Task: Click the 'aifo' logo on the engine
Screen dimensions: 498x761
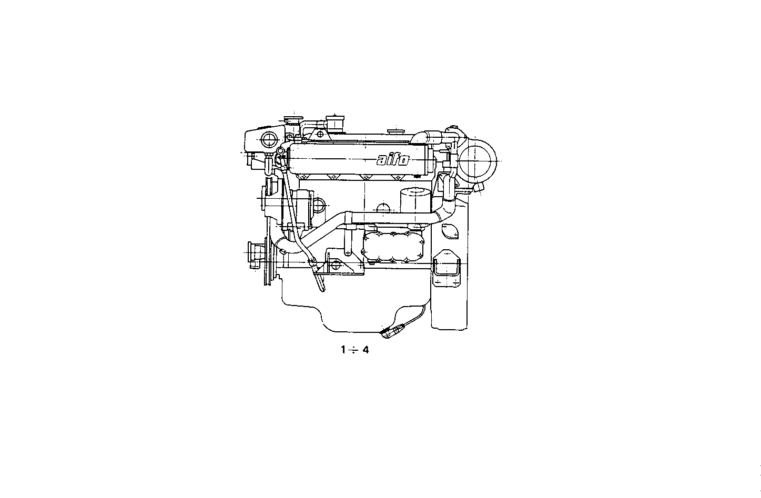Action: click(x=392, y=159)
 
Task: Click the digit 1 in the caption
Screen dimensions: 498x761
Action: click(x=343, y=349)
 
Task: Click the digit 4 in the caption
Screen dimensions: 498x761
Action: click(x=366, y=349)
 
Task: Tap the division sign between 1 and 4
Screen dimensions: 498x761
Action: click(x=354, y=349)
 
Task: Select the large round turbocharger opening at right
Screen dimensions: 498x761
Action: click(x=478, y=160)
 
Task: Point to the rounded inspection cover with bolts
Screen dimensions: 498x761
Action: click(x=392, y=247)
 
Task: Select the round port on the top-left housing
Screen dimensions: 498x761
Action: click(x=269, y=139)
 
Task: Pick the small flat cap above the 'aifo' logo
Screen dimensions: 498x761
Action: click(x=395, y=129)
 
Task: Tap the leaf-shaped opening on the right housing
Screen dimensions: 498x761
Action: click(x=450, y=230)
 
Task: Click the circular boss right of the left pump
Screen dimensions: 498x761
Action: click(x=319, y=205)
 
